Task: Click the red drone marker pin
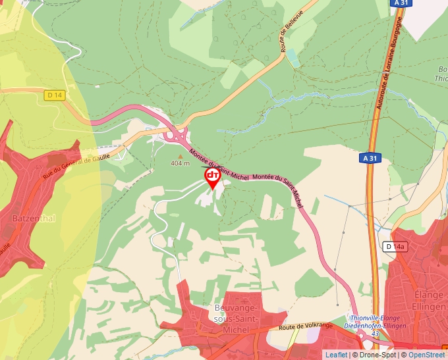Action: [213, 177]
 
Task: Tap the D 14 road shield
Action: [55, 95]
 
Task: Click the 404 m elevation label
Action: [180, 163]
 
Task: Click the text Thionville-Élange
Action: [372, 319]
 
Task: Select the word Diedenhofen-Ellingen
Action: [372, 326]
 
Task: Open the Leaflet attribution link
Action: [336, 355]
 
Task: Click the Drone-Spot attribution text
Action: [379, 355]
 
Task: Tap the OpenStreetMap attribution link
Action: [426, 355]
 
